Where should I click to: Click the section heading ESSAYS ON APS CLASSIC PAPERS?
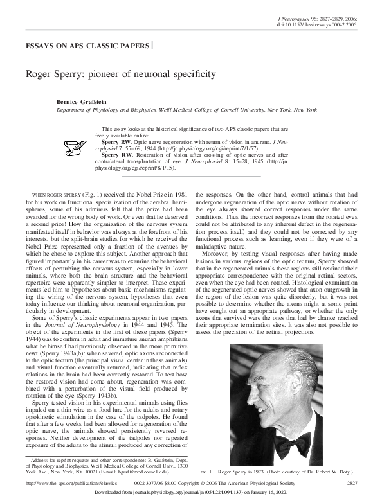point(87,47)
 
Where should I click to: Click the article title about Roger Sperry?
point(120,74)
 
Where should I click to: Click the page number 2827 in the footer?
point(352,482)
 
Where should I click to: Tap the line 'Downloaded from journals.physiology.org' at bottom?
point(191,492)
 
